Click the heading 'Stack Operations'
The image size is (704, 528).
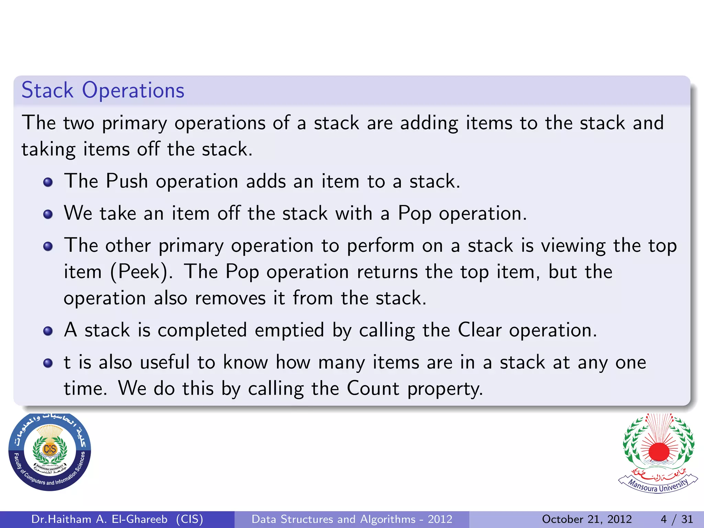pyautogui.click(x=103, y=90)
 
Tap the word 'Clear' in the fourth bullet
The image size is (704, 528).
pyautogui.click(x=480, y=330)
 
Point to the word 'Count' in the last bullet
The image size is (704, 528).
pyautogui.click(x=373, y=388)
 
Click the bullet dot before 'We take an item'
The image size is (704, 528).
pyautogui.click(x=48, y=214)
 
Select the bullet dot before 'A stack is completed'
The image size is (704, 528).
pyautogui.click(x=48, y=331)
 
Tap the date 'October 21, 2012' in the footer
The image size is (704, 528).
pyautogui.click(x=587, y=519)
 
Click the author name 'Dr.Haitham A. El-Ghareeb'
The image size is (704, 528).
pyautogui.click(x=99, y=519)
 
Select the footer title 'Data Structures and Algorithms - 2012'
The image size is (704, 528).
pyautogui.click(x=352, y=519)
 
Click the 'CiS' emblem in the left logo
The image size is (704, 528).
pyautogui.click(x=50, y=449)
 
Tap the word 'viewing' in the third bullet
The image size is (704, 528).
pyautogui.click(x=573, y=246)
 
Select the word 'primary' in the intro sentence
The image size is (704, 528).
pyautogui.click(x=134, y=123)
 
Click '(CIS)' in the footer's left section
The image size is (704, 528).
pyautogui.click(x=189, y=519)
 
